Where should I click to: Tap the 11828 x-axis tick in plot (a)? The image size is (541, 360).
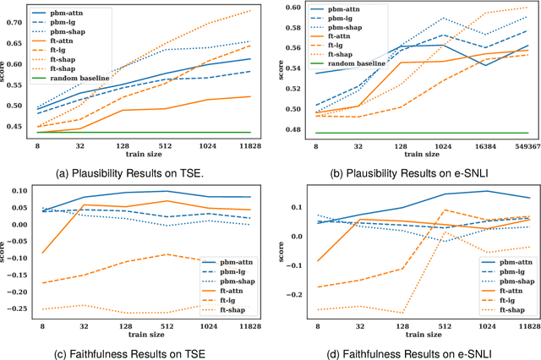click(x=250, y=145)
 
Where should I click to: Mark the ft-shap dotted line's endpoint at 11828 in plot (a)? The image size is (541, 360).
click(x=250, y=10)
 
